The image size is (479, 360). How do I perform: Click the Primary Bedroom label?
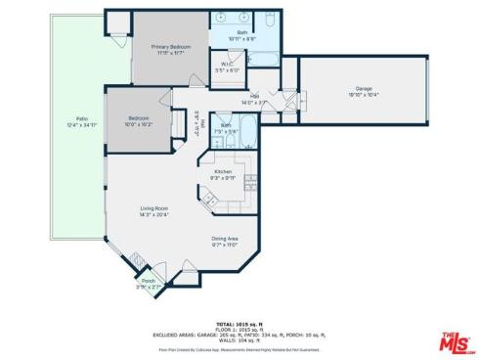pyautogui.click(x=168, y=46)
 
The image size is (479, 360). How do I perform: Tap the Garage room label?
pyautogui.click(x=363, y=88)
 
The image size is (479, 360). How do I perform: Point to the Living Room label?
pyautogui.click(x=154, y=208)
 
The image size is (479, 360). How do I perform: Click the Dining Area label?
pyautogui.click(x=225, y=239)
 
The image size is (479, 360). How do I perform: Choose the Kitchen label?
pyautogui.click(x=223, y=171)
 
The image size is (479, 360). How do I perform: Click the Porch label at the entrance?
pyautogui.click(x=148, y=280)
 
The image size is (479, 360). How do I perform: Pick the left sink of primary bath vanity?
pyautogui.click(x=222, y=19)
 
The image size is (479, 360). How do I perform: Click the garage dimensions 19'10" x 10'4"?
pyautogui.click(x=363, y=94)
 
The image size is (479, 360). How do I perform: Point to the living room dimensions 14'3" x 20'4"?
pyautogui.click(x=154, y=215)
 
